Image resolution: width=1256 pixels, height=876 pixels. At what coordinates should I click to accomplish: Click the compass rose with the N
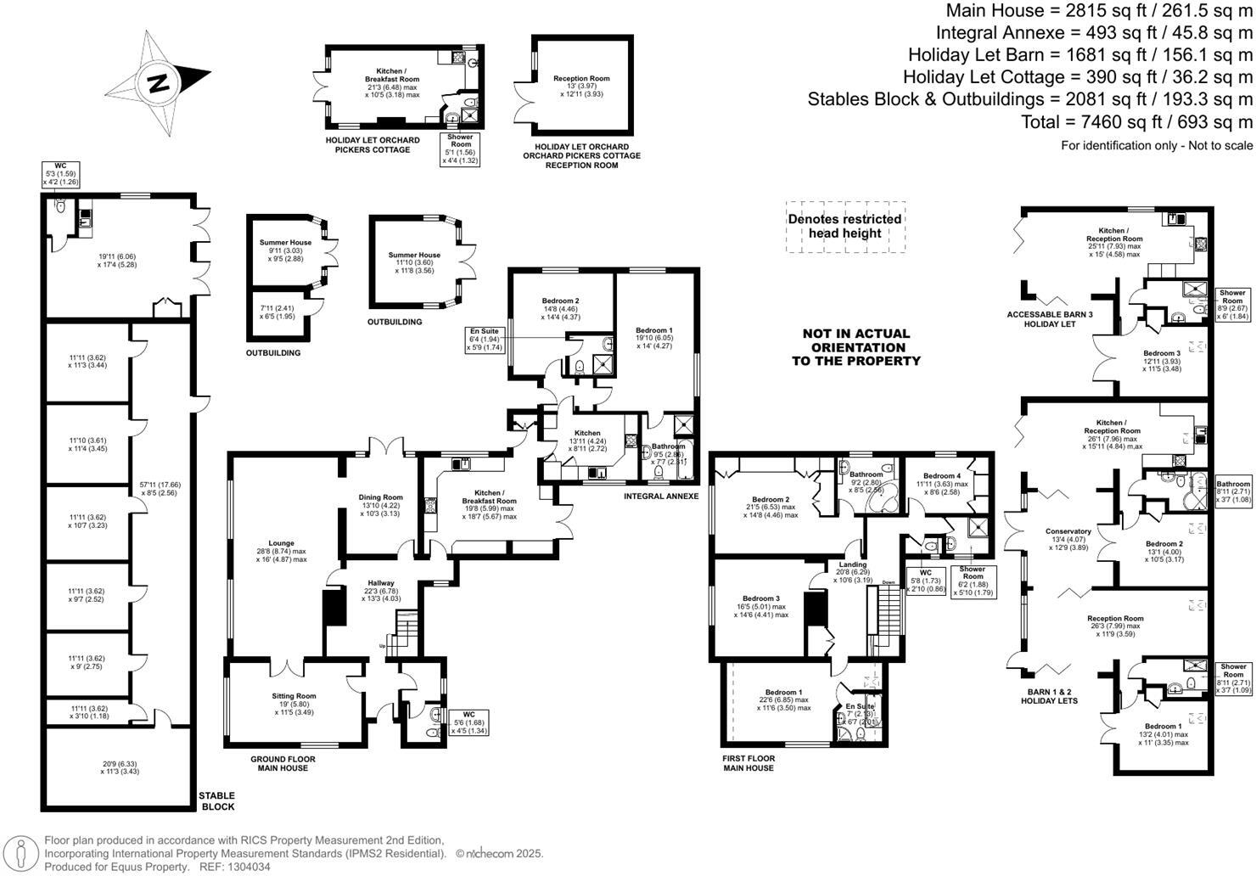click(157, 83)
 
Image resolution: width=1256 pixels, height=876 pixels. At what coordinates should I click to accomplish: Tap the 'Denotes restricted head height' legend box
click(844, 226)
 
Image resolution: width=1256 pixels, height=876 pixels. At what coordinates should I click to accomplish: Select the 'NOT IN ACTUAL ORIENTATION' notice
click(855, 347)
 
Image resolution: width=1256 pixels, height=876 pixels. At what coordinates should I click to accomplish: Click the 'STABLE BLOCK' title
click(216, 800)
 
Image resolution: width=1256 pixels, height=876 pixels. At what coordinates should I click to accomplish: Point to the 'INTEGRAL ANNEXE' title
click(660, 496)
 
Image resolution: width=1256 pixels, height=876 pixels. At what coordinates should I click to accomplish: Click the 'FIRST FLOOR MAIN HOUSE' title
click(748, 762)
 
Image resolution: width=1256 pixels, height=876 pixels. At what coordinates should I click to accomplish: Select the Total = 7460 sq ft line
click(1136, 121)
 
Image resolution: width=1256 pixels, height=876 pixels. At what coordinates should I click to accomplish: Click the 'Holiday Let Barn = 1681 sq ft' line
click(1079, 54)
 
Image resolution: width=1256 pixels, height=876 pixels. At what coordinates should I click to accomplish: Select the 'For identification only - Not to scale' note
click(1156, 145)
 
